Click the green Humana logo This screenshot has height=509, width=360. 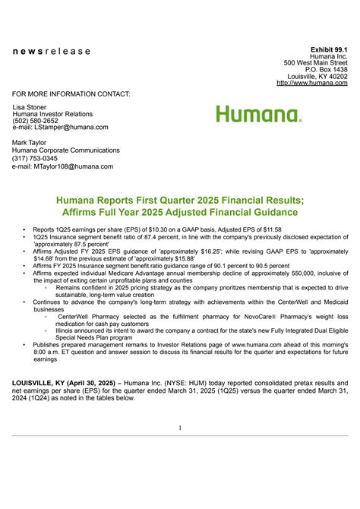coord(258,115)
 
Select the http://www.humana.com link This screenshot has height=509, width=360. coord(318,83)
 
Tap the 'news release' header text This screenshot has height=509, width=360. coord(51,52)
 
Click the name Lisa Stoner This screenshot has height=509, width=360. coord(32,107)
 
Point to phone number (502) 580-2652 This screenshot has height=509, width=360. coord(34,121)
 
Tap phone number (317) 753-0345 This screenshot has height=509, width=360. coord(34,158)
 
